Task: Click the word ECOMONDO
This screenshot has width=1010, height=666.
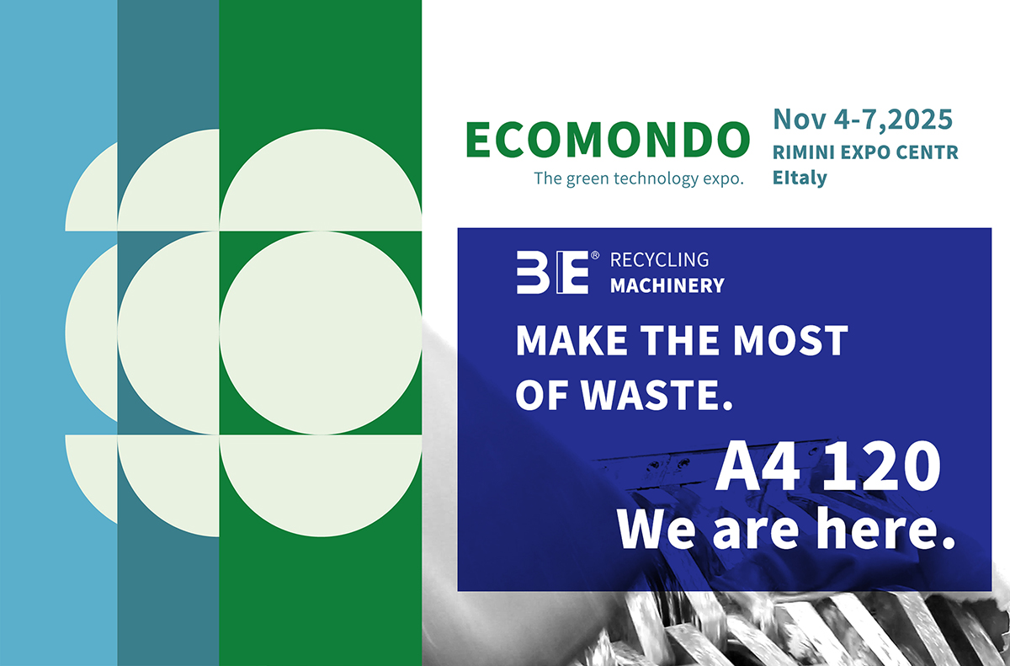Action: [608, 140]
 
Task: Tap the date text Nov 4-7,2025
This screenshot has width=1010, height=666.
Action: [863, 120]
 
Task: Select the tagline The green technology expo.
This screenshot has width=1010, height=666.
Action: [639, 178]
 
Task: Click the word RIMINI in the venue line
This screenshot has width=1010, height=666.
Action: [804, 152]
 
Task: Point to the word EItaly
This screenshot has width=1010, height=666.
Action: [800, 178]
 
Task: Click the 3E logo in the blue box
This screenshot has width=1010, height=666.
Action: [553, 272]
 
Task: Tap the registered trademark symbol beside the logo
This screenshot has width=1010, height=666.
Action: [595, 256]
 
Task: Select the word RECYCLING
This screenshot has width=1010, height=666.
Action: [659, 259]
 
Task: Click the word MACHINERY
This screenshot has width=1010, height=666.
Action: [667, 285]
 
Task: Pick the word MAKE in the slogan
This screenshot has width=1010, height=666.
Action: [571, 340]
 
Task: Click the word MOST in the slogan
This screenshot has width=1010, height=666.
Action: [790, 340]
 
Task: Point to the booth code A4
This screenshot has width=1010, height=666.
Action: [758, 466]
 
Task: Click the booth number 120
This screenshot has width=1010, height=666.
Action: [881, 466]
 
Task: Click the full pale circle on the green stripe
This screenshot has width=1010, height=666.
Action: [321, 333]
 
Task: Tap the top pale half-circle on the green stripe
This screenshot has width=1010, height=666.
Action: [321, 180]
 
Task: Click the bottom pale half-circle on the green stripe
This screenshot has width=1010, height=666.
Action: [321, 486]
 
